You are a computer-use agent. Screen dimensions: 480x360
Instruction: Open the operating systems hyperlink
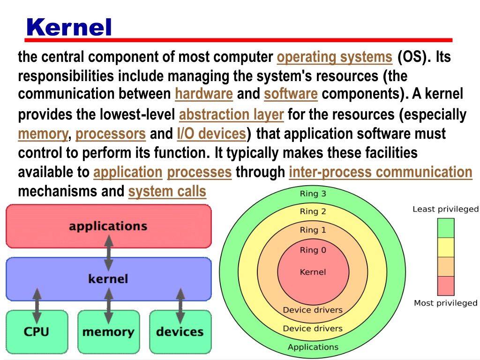tap(335, 57)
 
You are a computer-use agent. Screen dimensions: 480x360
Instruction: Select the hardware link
tap(204, 94)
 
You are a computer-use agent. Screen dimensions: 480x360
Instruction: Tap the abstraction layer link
tap(232, 115)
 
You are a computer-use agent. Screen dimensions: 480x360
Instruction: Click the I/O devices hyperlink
tap(211, 134)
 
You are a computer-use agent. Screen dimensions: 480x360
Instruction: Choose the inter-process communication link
tap(381, 172)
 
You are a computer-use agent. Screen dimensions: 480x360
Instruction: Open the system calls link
tap(167, 192)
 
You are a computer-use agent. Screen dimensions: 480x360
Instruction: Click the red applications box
tap(109, 226)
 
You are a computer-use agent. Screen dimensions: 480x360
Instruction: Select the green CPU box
tap(37, 332)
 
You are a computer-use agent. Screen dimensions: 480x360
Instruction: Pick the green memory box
tap(109, 332)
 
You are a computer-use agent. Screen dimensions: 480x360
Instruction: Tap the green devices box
tap(180, 332)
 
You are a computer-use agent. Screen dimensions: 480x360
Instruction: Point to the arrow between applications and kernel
tap(109, 253)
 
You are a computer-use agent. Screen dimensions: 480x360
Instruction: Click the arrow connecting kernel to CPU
tap(37, 306)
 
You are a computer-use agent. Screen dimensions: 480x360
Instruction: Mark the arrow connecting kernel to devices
tap(180, 306)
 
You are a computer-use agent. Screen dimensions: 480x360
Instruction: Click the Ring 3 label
tap(313, 194)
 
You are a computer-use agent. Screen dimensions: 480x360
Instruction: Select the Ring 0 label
tap(313, 250)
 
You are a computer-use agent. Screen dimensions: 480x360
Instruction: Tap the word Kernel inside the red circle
tap(313, 272)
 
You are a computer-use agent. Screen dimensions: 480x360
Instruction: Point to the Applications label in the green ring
tap(313, 347)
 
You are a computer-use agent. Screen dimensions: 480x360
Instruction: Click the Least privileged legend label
tap(445, 209)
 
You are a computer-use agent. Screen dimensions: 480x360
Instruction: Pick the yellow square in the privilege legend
tap(446, 247)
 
